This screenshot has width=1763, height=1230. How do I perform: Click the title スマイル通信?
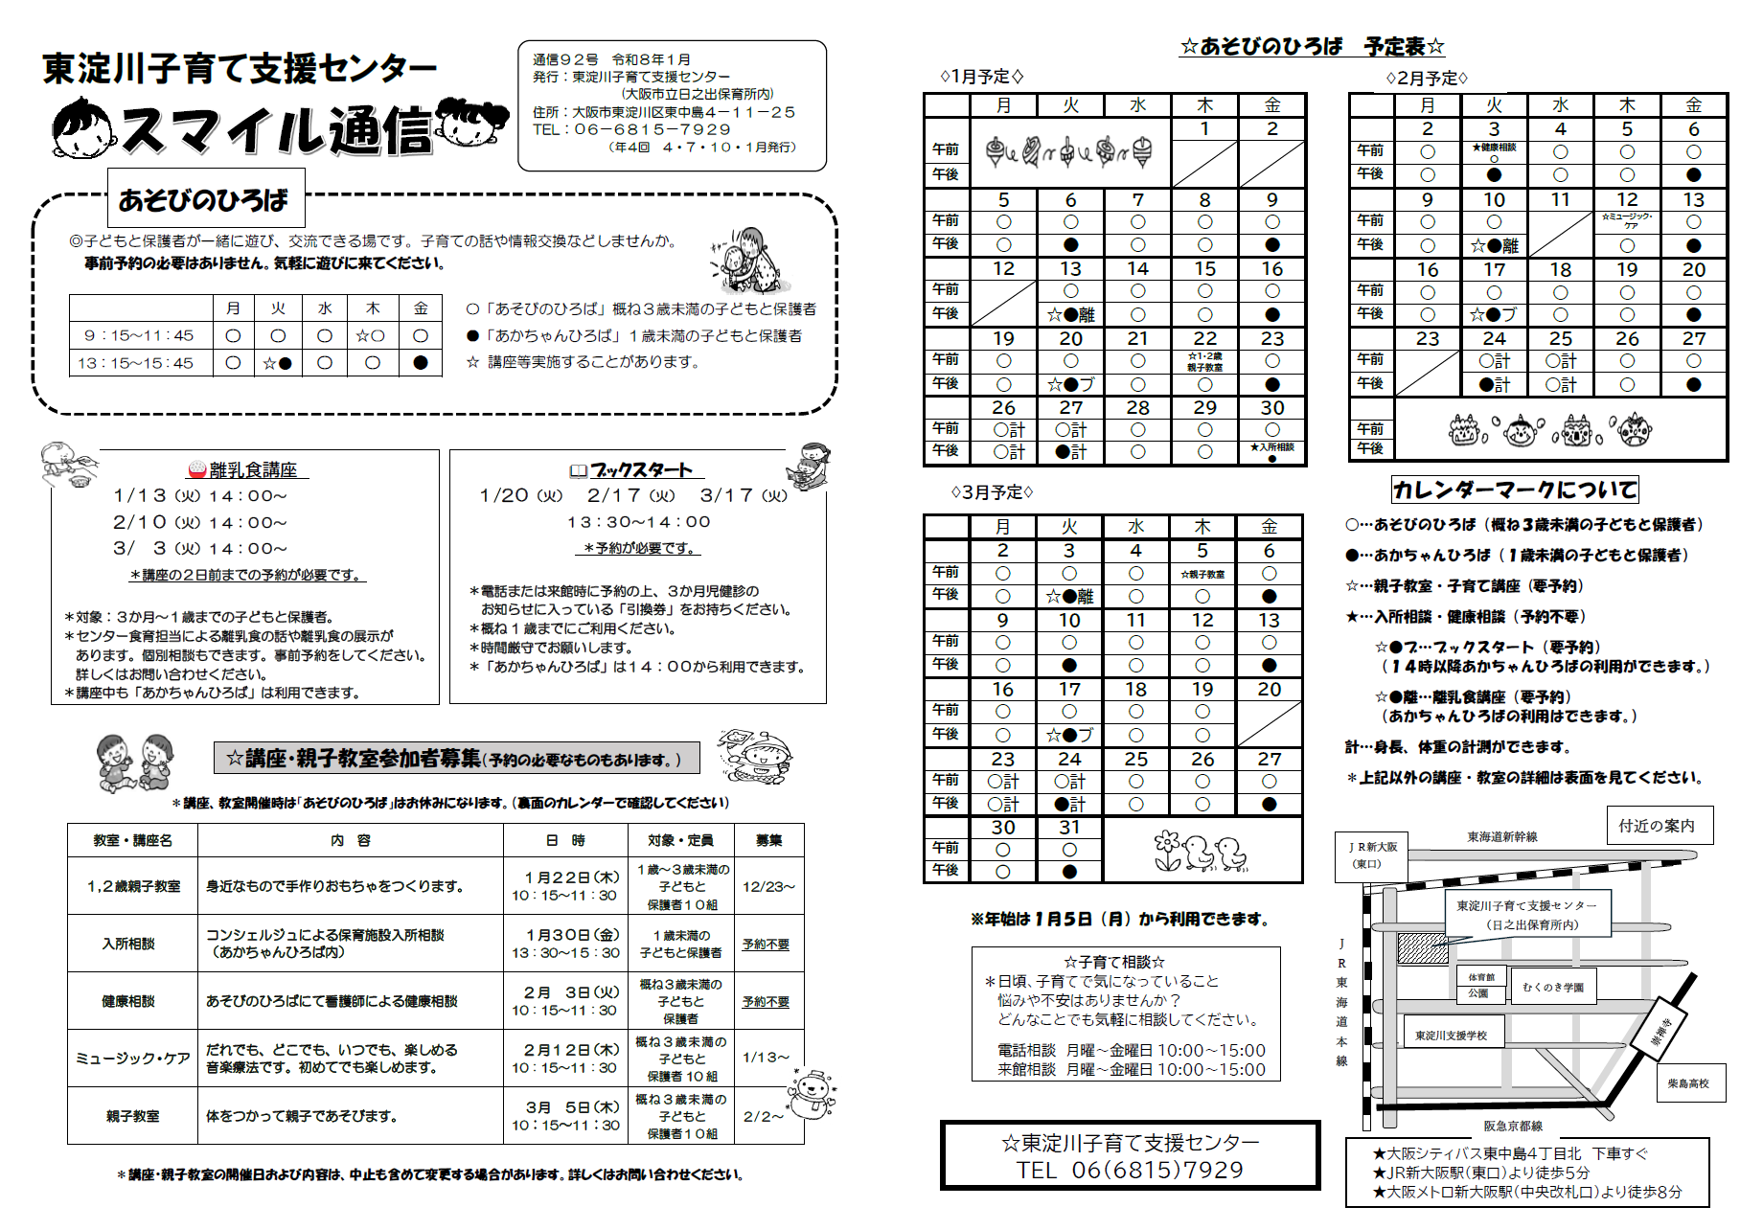tap(278, 130)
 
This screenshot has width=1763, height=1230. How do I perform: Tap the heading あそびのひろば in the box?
tap(203, 199)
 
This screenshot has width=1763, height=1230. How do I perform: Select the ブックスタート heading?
tap(640, 469)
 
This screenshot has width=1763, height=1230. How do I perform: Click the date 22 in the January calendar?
tap(1204, 338)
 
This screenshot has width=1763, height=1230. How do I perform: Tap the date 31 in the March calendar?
tap(1069, 827)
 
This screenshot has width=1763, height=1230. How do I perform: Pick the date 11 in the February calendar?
tap(1560, 199)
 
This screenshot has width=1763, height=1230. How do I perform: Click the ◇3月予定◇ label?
tap(992, 491)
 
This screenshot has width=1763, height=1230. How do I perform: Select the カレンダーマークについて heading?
tap(1514, 490)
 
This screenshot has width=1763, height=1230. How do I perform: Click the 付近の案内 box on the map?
tap(1657, 825)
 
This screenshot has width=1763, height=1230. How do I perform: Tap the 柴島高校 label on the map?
tap(1688, 1083)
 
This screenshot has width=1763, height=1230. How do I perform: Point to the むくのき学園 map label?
tap(1553, 987)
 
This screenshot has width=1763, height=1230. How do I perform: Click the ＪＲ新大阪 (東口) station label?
tap(1372, 854)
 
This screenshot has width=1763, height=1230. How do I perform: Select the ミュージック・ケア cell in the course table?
tap(132, 1058)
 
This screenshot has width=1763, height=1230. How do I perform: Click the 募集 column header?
tap(768, 840)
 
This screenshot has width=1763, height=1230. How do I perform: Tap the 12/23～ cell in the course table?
tap(768, 886)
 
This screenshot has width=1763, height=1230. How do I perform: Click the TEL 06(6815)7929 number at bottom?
tap(1131, 1170)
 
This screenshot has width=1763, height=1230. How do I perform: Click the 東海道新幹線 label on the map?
tap(1501, 836)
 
